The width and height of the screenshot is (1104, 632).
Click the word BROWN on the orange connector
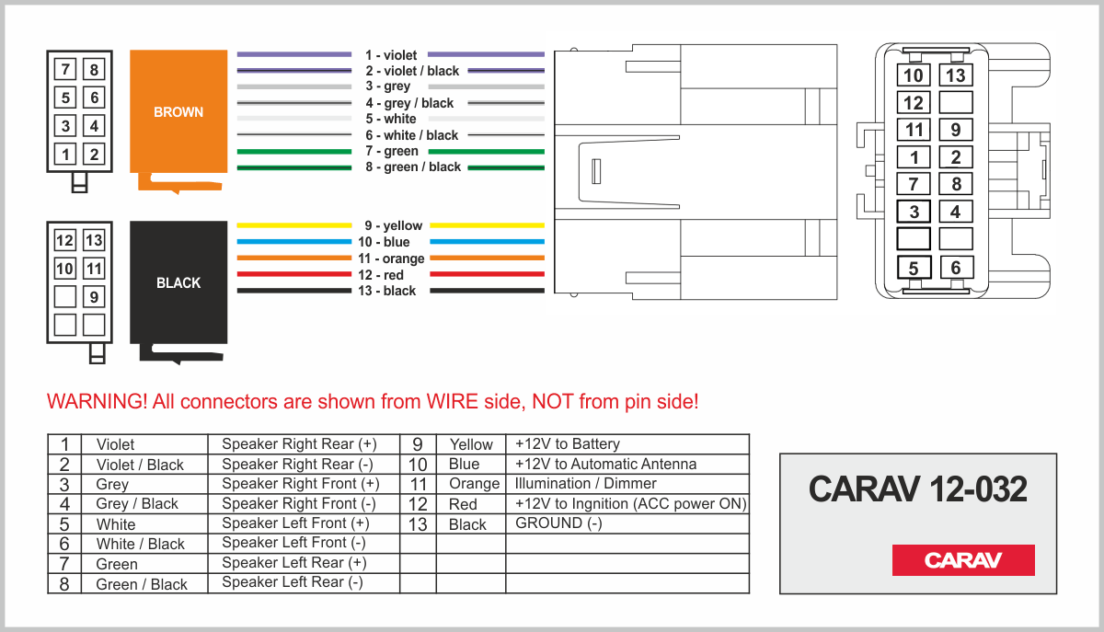pos(178,112)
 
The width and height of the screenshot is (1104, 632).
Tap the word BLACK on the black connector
pos(178,283)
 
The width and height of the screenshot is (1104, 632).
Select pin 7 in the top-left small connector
pos(65,69)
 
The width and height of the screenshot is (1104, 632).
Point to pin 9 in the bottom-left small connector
pos(94,297)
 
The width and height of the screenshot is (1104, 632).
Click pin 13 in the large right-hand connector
pos(956,75)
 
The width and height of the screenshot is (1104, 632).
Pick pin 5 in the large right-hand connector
pos(914,268)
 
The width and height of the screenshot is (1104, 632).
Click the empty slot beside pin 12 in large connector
pos(956,102)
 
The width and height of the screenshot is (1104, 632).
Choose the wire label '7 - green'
pos(392,151)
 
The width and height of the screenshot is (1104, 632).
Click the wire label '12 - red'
pos(381,274)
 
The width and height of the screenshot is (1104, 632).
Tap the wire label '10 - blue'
pos(384,242)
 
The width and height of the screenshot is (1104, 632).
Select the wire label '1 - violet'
pos(391,54)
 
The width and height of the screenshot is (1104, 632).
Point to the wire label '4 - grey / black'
pos(409,103)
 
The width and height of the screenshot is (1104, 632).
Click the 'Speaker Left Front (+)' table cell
pos(295,523)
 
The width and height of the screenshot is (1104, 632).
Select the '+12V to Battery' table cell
pos(568,443)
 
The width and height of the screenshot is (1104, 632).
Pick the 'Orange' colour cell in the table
pos(474,484)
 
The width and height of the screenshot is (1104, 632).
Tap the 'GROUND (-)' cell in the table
pos(558,523)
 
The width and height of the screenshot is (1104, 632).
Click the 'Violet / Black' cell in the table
pos(140,465)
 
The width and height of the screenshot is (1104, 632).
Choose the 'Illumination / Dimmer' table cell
pos(585,484)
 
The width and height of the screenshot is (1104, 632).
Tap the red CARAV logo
pos(963,560)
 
